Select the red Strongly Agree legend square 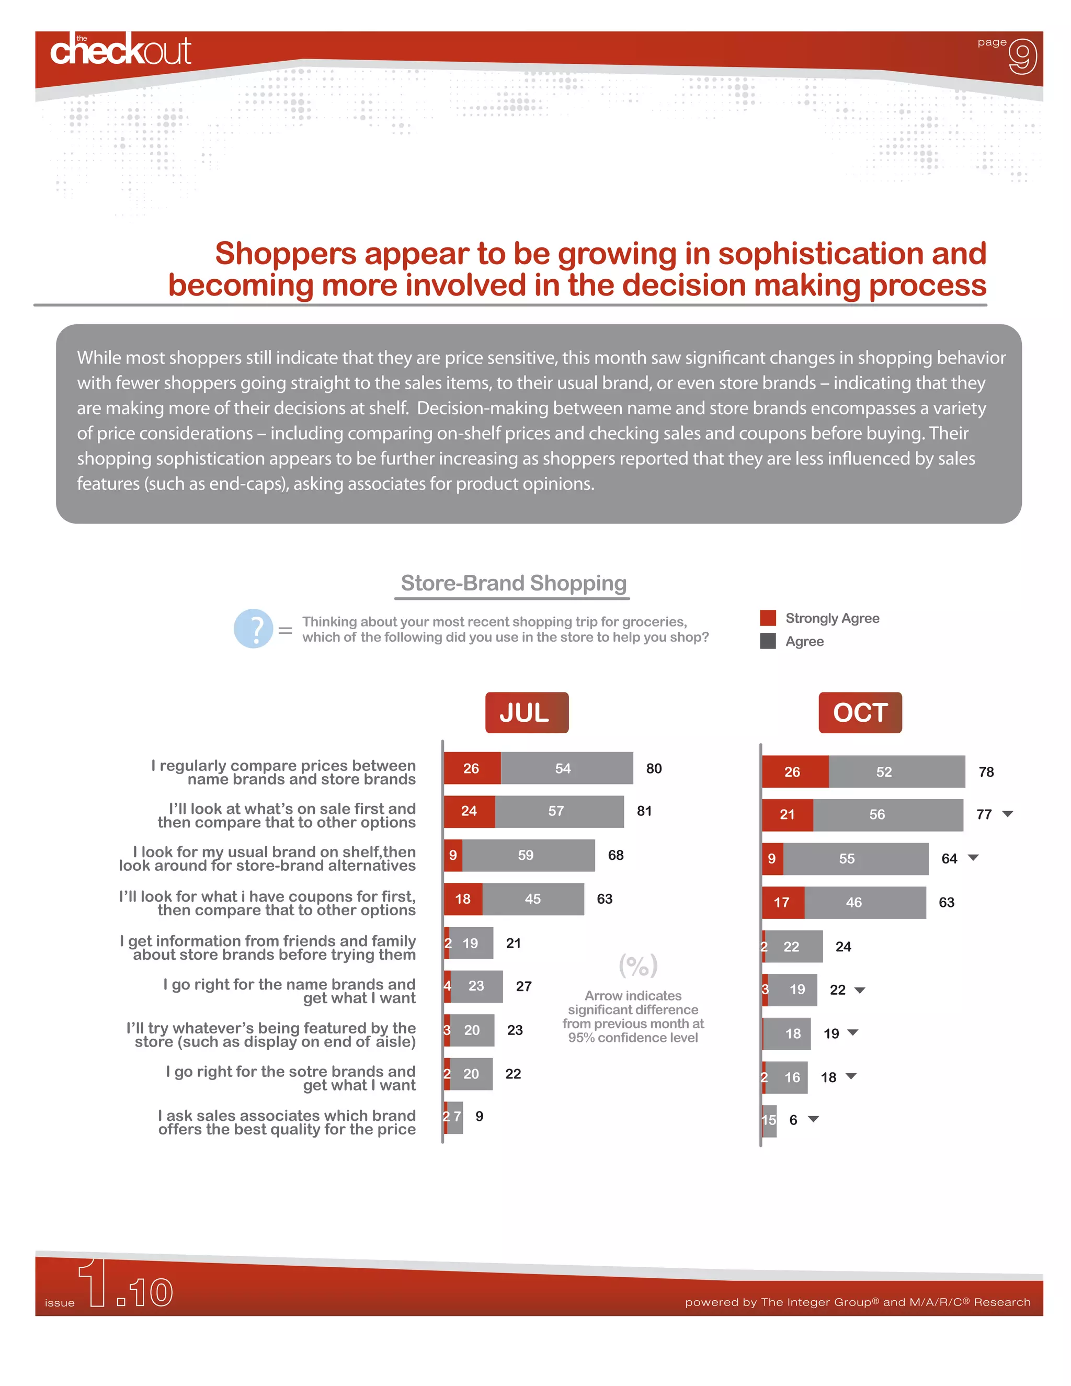(768, 618)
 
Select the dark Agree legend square (768, 641)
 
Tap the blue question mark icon (253, 628)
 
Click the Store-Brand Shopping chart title (514, 583)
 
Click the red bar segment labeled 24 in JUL (470, 811)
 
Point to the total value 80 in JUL (654, 768)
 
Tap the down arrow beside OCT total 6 (813, 1119)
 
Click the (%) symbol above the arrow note (637, 966)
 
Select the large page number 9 (1022, 56)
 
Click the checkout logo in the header (121, 50)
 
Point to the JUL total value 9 (480, 1116)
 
